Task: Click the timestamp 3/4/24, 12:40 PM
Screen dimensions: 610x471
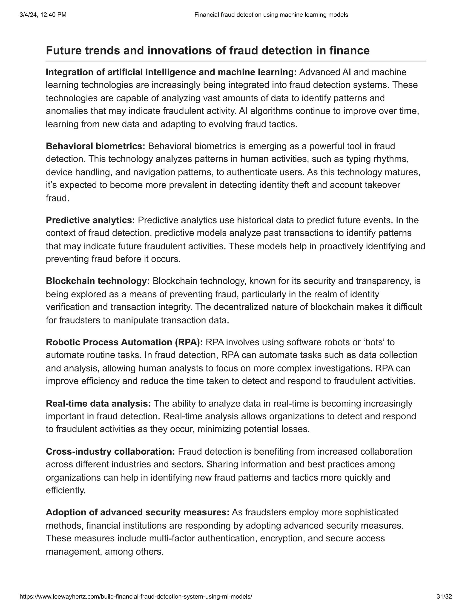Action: pyautogui.click(x=43, y=15)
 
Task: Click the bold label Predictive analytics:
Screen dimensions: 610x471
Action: pyautogui.click(x=90, y=220)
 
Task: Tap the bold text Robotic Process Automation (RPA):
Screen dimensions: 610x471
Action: pyautogui.click(x=124, y=342)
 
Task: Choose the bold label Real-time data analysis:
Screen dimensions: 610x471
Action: pyautogui.click(x=98, y=403)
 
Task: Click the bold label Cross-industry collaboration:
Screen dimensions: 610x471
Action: pyautogui.click(x=110, y=452)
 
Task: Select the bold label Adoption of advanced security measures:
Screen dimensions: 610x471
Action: pyautogui.click(x=138, y=512)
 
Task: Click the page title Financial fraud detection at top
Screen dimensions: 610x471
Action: pyautogui.click(x=271, y=15)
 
